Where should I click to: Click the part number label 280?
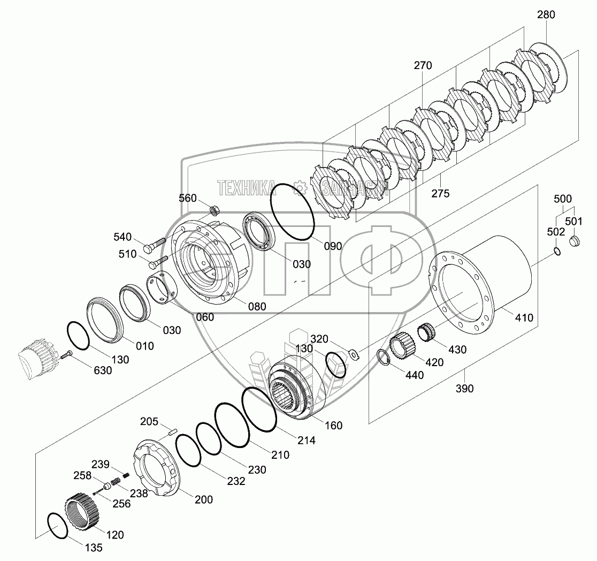point(546,15)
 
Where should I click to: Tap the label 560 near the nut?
point(188,198)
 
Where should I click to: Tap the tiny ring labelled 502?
point(557,252)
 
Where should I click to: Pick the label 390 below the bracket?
point(464,389)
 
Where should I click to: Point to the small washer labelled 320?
point(353,353)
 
